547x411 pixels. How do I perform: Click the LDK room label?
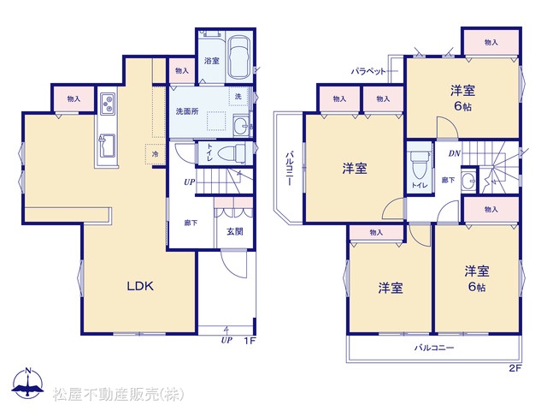pos(140,286)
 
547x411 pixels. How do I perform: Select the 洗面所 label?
pos(187,111)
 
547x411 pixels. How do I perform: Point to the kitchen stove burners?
pos(108,104)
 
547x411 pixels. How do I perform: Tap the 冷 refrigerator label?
pos(155,154)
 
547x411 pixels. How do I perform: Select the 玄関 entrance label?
pos(235,231)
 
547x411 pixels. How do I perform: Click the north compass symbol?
pos(28,384)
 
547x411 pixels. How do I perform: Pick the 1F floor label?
pos(250,341)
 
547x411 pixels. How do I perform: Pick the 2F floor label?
pos(515,368)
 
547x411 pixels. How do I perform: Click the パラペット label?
pos(368,72)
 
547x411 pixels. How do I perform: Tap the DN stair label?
pos(454,153)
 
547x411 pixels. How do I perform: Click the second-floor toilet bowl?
pos(419,165)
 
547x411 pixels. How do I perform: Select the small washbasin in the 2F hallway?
pos(468,182)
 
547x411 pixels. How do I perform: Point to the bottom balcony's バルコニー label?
pos(434,348)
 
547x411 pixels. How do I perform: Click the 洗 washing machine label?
pos(238,96)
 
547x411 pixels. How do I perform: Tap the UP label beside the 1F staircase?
pos(190,182)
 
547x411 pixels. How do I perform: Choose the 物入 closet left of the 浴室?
pos(182,71)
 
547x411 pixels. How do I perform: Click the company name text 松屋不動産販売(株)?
pos(118,394)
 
